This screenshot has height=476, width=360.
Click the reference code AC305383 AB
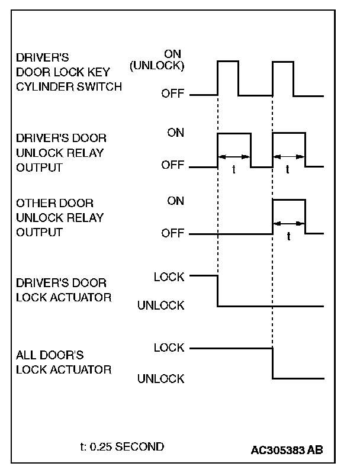pyautogui.click(x=287, y=449)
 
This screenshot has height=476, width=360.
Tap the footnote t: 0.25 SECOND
pyautogui.click(x=121, y=446)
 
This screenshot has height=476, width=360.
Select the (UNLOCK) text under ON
pyautogui.click(x=157, y=66)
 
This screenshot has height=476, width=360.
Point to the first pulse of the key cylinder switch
pyautogui.click(x=228, y=77)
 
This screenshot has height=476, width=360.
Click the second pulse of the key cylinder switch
pyautogui.click(x=283, y=77)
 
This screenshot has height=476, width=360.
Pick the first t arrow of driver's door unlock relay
pyautogui.click(x=234, y=157)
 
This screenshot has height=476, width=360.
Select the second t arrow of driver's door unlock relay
pyautogui.click(x=288, y=157)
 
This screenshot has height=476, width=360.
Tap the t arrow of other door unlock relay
pyautogui.click(x=288, y=223)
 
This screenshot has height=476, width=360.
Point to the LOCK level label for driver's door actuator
pyautogui.click(x=169, y=276)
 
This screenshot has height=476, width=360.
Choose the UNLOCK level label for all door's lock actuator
pyautogui.click(x=160, y=379)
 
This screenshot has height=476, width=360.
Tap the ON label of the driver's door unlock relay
pyautogui.click(x=176, y=133)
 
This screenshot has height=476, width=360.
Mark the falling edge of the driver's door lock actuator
pyautogui.click(x=218, y=291)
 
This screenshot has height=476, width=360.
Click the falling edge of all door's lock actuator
pyautogui.click(x=272, y=363)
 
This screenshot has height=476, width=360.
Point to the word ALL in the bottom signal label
pyautogui.click(x=26, y=356)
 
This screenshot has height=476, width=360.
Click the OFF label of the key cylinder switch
pyautogui.click(x=173, y=95)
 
